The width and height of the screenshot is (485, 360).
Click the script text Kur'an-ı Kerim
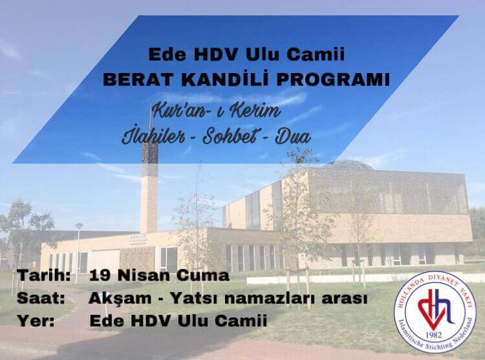click(216, 111)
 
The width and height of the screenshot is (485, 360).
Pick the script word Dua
click(292, 136)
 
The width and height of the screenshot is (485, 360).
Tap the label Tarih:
click(43, 275)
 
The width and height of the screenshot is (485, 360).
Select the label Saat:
click(41, 298)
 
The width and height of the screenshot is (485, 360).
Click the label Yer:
click(36, 321)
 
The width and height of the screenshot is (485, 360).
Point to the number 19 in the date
click(100, 275)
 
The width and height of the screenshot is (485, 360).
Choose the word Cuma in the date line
click(203, 275)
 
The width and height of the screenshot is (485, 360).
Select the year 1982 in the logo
click(433, 335)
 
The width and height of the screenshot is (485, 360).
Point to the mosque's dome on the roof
click(347, 165)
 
